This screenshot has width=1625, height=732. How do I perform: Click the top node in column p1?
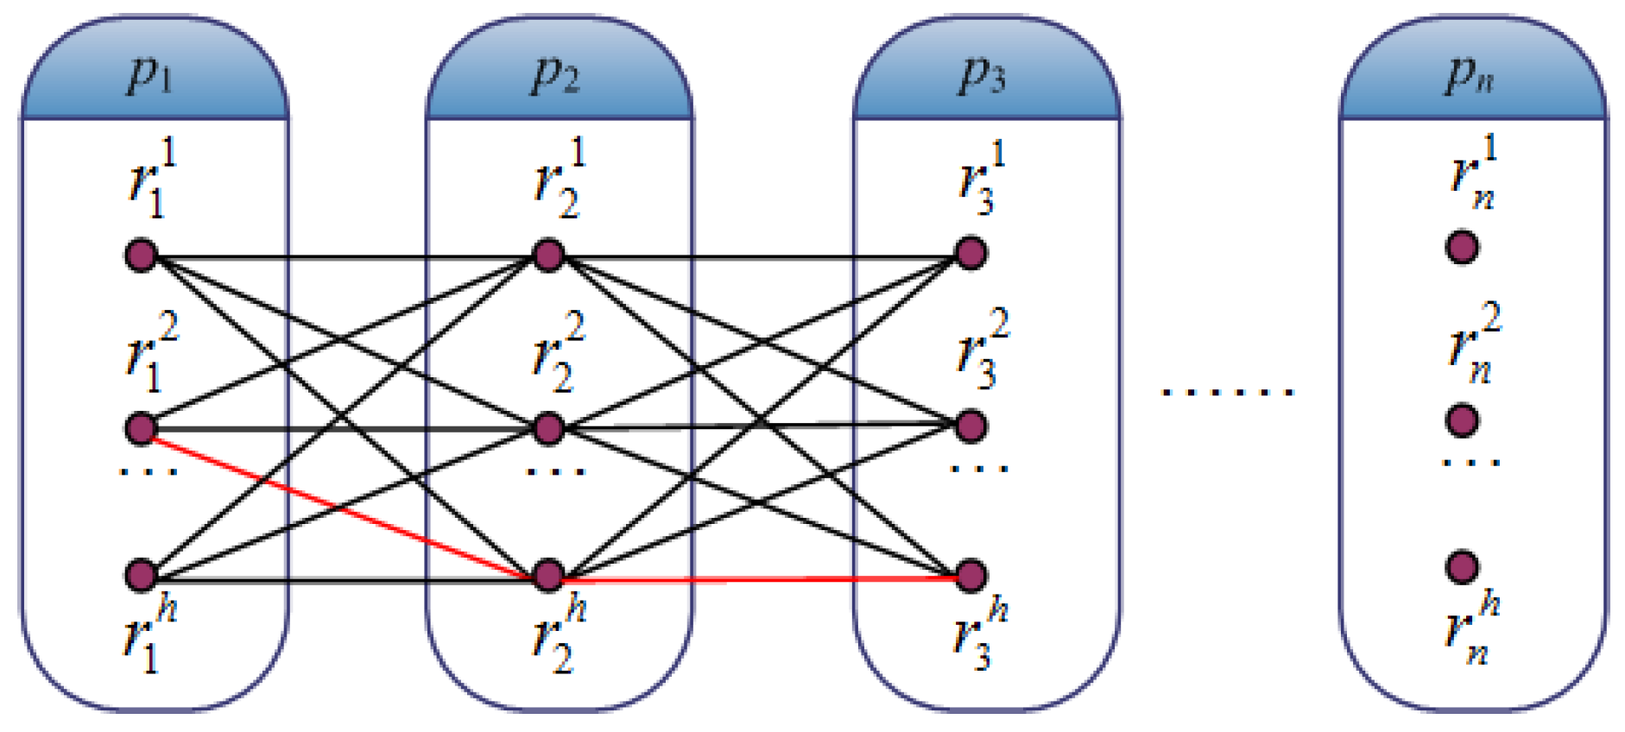(x=142, y=256)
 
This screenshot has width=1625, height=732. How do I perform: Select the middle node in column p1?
(x=142, y=427)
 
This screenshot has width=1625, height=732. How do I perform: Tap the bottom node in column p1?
(x=142, y=576)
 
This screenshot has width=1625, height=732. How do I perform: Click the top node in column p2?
(x=549, y=256)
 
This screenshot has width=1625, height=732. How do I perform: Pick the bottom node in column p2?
(x=549, y=576)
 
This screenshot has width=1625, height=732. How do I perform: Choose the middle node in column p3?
(x=971, y=426)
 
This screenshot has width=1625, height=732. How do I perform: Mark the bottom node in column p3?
(x=971, y=576)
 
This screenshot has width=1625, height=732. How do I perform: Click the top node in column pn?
(x=1462, y=247)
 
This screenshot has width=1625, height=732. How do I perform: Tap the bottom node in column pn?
(x=1462, y=567)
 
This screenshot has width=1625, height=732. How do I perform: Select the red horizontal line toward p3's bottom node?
(x=760, y=578)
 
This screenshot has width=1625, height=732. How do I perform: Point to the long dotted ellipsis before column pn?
(x=1227, y=393)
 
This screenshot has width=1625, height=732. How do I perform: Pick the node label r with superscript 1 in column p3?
(x=981, y=179)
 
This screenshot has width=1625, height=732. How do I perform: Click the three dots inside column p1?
(x=149, y=472)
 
